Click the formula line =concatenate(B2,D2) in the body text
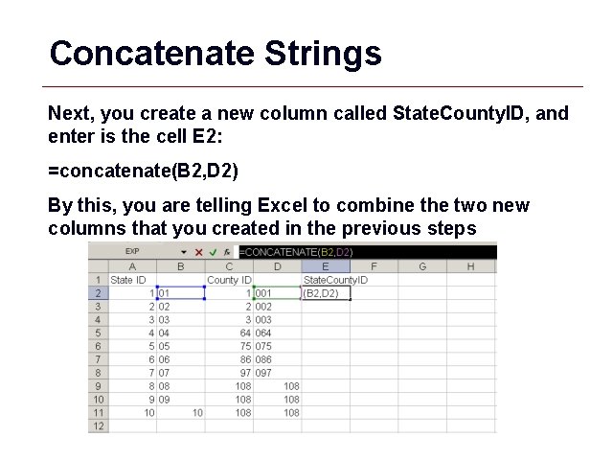click(143, 173)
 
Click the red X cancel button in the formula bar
click(198, 252)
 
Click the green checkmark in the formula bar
click(213, 252)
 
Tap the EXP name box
click(133, 252)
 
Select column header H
click(470, 266)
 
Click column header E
click(326, 266)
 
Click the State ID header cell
click(129, 280)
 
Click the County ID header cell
click(229, 280)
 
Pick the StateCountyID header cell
click(335, 280)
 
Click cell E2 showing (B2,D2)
click(326, 293)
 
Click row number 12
click(99, 426)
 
